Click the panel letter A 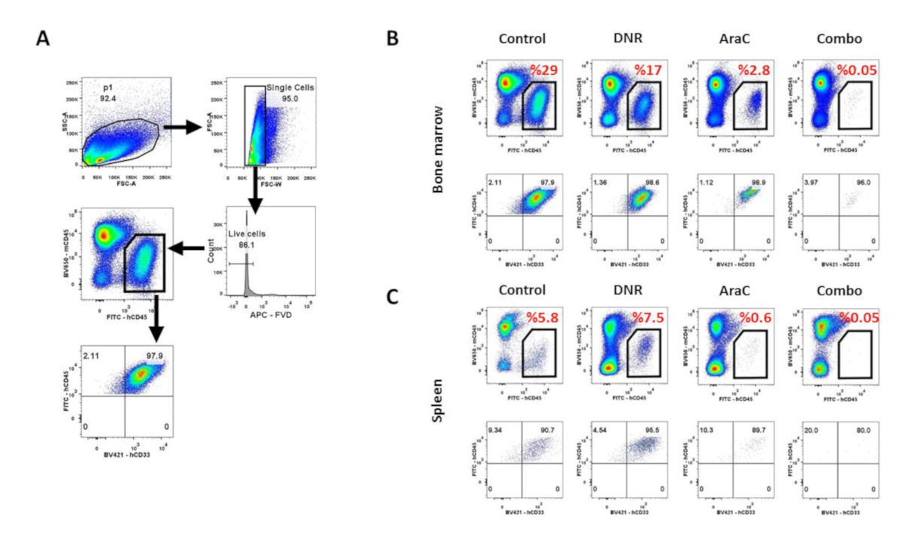tap(45, 38)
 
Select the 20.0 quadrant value tap(806, 430)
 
